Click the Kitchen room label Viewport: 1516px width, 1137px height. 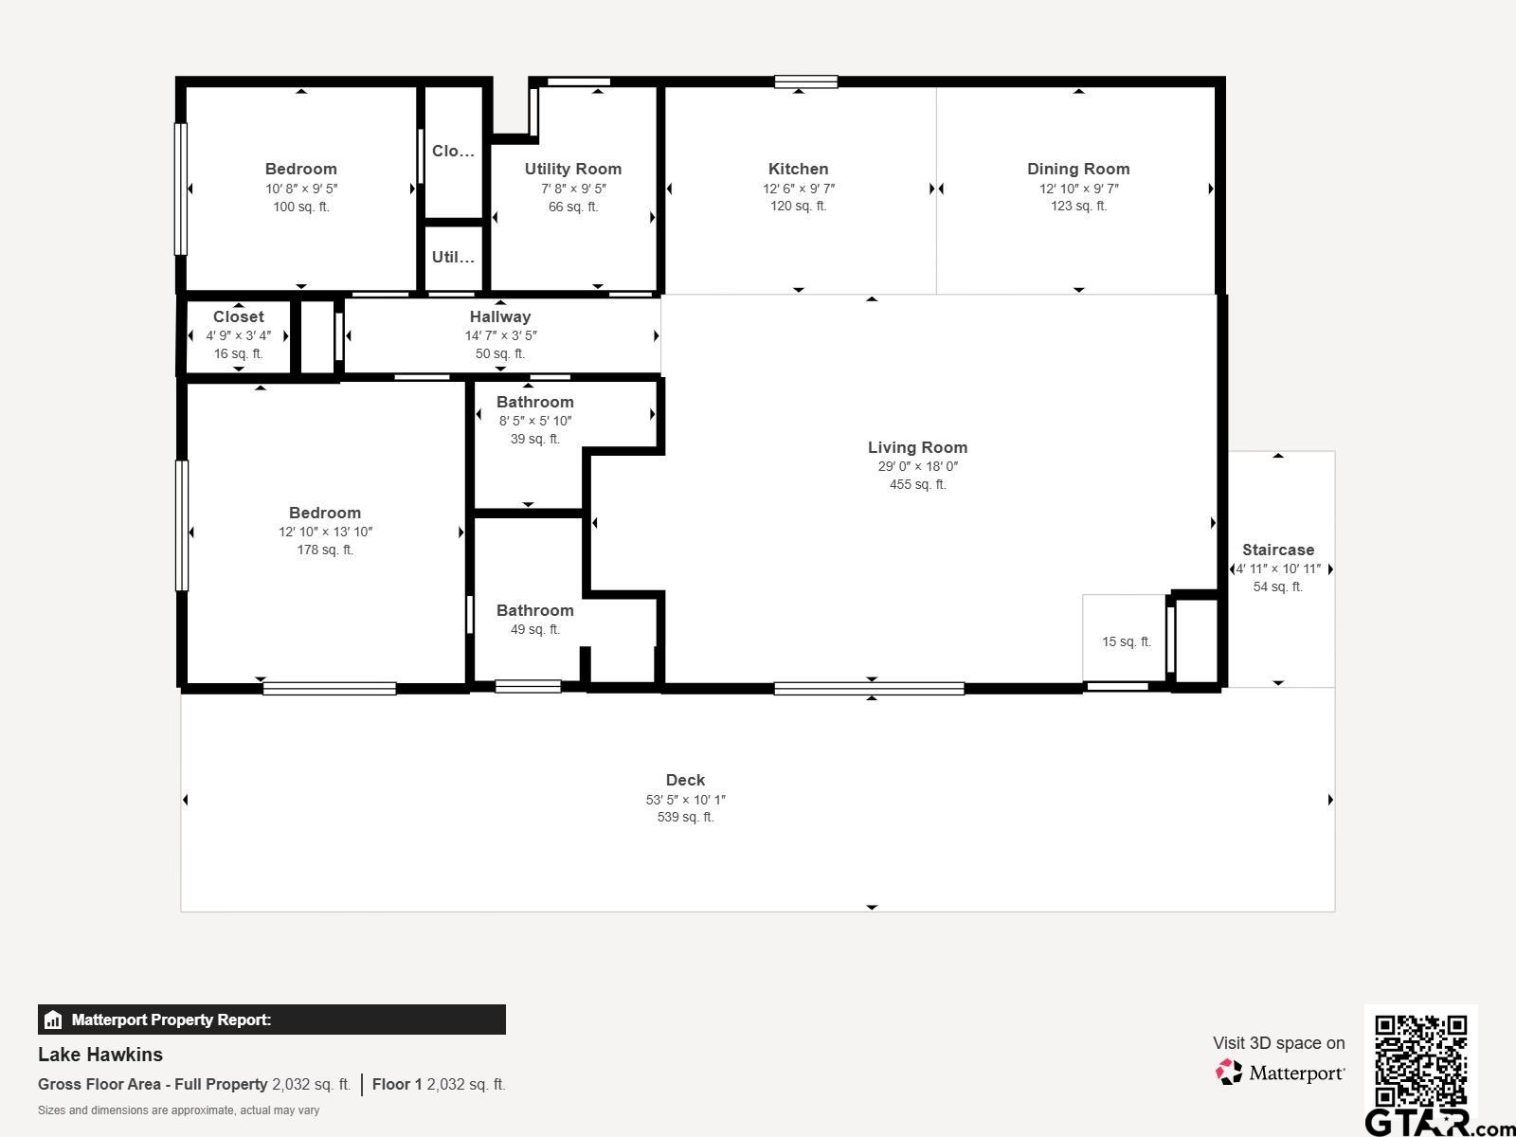[x=798, y=170]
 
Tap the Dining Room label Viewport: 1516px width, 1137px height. [x=1078, y=170]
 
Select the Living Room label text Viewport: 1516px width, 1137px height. [x=917, y=447]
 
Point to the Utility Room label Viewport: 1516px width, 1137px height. [x=572, y=170]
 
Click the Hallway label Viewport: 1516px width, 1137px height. [x=500, y=316]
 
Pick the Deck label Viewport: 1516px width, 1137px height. [x=685, y=780]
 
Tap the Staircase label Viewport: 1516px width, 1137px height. [x=1278, y=550]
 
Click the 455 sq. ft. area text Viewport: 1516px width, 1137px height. [x=917, y=484]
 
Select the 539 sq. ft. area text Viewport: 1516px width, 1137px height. [x=685, y=818]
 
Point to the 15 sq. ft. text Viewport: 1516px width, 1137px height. [x=1127, y=642]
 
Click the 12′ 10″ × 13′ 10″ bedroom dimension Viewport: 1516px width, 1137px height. [x=325, y=532]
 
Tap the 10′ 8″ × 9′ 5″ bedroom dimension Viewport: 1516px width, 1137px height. [x=301, y=189]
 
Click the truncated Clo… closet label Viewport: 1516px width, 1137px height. [x=453, y=152]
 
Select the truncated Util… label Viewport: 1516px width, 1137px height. [x=453, y=258]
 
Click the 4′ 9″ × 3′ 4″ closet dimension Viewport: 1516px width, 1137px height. [x=238, y=335]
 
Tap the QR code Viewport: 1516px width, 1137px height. [x=1420, y=1061]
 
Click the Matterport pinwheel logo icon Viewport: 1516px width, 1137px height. [x=1229, y=1073]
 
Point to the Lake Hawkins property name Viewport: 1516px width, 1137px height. [x=100, y=1055]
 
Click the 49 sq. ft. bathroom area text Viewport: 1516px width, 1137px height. [x=534, y=629]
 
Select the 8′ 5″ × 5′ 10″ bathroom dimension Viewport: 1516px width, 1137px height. [x=535, y=421]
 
